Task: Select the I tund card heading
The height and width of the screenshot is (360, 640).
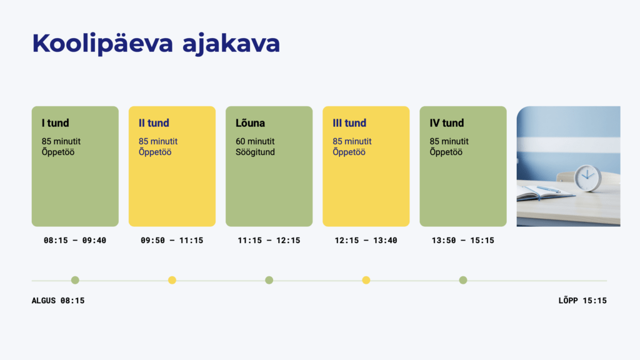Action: [56, 123]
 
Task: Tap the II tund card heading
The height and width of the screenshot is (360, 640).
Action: [154, 123]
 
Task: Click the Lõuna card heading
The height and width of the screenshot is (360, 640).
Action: [250, 123]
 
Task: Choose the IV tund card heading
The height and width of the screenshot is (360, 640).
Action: [447, 123]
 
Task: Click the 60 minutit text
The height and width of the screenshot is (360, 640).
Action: [255, 141]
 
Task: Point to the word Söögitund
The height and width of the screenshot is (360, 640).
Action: [255, 152]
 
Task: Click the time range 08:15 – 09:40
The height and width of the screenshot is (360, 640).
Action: [75, 241]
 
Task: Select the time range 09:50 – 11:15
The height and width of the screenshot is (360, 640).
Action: [172, 241]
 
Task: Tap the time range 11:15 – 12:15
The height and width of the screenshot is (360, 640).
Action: [269, 241]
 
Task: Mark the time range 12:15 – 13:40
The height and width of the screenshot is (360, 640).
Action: [366, 241]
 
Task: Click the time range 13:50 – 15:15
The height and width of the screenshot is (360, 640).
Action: [462, 241]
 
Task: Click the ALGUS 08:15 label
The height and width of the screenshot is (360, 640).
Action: [58, 301]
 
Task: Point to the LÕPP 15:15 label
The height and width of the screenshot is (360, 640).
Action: [582, 301]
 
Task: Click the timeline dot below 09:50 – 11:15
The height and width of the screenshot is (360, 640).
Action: [172, 280]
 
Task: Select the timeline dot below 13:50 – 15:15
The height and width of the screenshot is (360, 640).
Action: [463, 280]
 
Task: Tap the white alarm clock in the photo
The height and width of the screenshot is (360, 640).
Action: [587, 177]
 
